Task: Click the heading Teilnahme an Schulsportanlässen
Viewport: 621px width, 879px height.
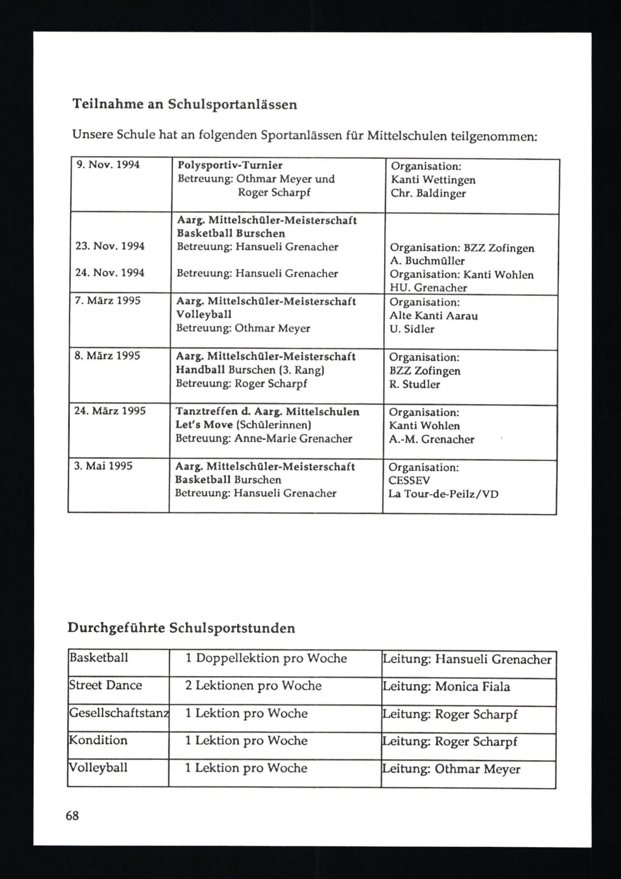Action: (184, 104)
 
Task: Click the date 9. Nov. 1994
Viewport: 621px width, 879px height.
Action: (108, 165)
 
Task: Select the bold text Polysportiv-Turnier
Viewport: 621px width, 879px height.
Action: (230, 165)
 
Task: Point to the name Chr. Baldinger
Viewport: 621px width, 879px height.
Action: (428, 193)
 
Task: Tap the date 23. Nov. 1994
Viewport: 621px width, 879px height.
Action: (110, 246)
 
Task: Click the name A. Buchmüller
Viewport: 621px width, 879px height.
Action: (427, 261)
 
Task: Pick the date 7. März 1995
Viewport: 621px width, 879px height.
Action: (107, 300)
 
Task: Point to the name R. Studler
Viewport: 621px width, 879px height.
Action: (415, 384)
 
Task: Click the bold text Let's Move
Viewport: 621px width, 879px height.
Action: (204, 425)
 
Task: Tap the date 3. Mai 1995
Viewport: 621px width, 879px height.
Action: (103, 466)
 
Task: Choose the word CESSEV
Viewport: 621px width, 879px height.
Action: (409, 480)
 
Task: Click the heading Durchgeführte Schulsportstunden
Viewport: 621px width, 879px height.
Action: (181, 628)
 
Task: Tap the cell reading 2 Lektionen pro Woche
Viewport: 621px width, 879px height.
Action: (253, 685)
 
